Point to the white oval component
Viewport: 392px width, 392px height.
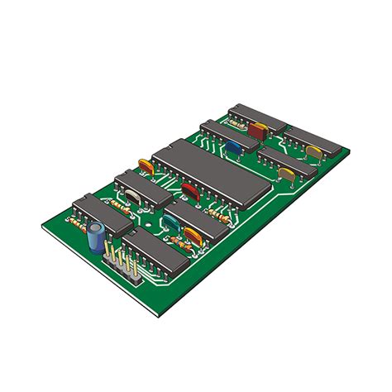click(x=132, y=196)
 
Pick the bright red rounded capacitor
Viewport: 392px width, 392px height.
click(x=192, y=191)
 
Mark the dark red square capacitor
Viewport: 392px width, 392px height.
click(x=257, y=130)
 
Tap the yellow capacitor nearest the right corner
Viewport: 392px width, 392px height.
click(x=314, y=151)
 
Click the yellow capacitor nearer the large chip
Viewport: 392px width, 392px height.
click(x=286, y=174)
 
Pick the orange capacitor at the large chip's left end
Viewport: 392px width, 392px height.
click(x=146, y=165)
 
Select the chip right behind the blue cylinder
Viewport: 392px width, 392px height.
click(x=101, y=213)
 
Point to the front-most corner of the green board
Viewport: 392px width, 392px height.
click(x=157, y=316)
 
